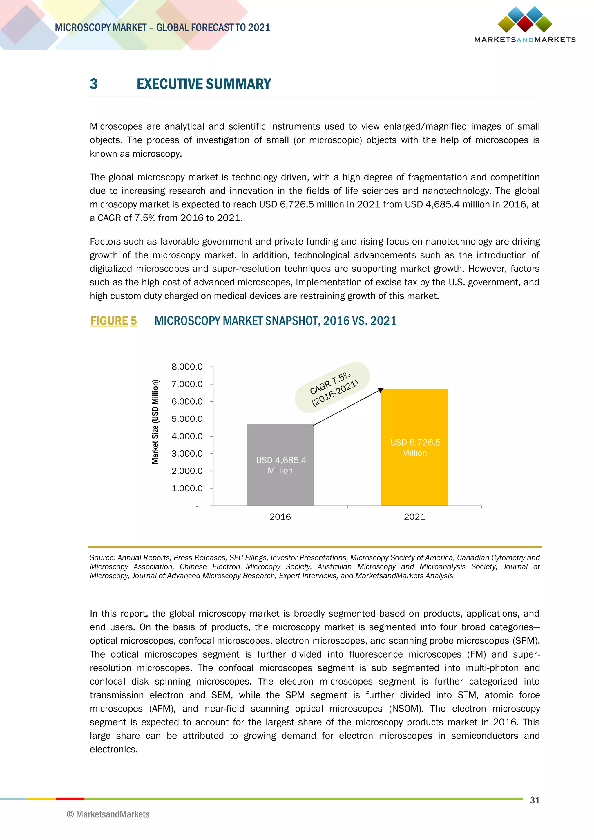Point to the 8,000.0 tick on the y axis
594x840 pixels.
click(187, 367)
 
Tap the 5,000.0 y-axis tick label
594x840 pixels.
click(187, 419)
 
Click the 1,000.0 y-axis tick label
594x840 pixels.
click(187, 488)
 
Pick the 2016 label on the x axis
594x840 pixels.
click(280, 517)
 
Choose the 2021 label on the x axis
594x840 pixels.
click(414, 517)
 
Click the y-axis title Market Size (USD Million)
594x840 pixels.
click(155, 422)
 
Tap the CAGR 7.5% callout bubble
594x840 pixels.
click(332, 388)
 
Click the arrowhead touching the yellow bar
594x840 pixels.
click(381, 390)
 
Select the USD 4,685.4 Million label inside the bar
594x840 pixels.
click(280, 465)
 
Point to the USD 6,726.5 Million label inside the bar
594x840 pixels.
click(415, 448)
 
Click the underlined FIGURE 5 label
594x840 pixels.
click(113, 321)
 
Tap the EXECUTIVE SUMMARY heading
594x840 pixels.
click(204, 84)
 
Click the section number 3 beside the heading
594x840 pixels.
click(94, 84)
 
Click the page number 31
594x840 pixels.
click(535, 800)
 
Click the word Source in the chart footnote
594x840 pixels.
click(102, 557)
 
